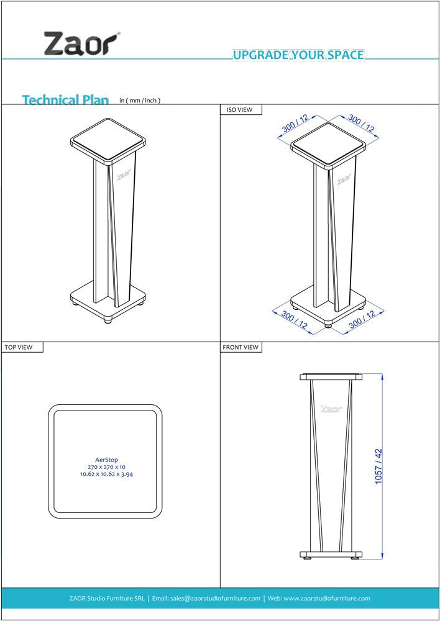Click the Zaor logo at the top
pyautogui.click(x=81, y=44)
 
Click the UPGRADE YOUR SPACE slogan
pyautogui.click(x=298, y=55)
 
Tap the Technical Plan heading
pyautogui.click(x=65, y=99)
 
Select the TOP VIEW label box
pyautogui.click(x=22, y=347)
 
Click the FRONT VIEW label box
pyautogui.click(x=241, y=347)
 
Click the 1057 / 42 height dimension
pyautogui.click(x=378, y=466)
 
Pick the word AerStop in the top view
pyautogui.click(x=106, y=460)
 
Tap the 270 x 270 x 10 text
pyautogui.click(x=106, y=467)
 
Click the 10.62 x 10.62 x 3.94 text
pyautogui.click(x=106, y=474)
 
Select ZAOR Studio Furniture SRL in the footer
pyautogui.click(x=107, y=599)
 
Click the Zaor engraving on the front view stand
pyautogui.click(x=331, y=409)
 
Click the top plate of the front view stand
pyautogui.click(x=331, y=376)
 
